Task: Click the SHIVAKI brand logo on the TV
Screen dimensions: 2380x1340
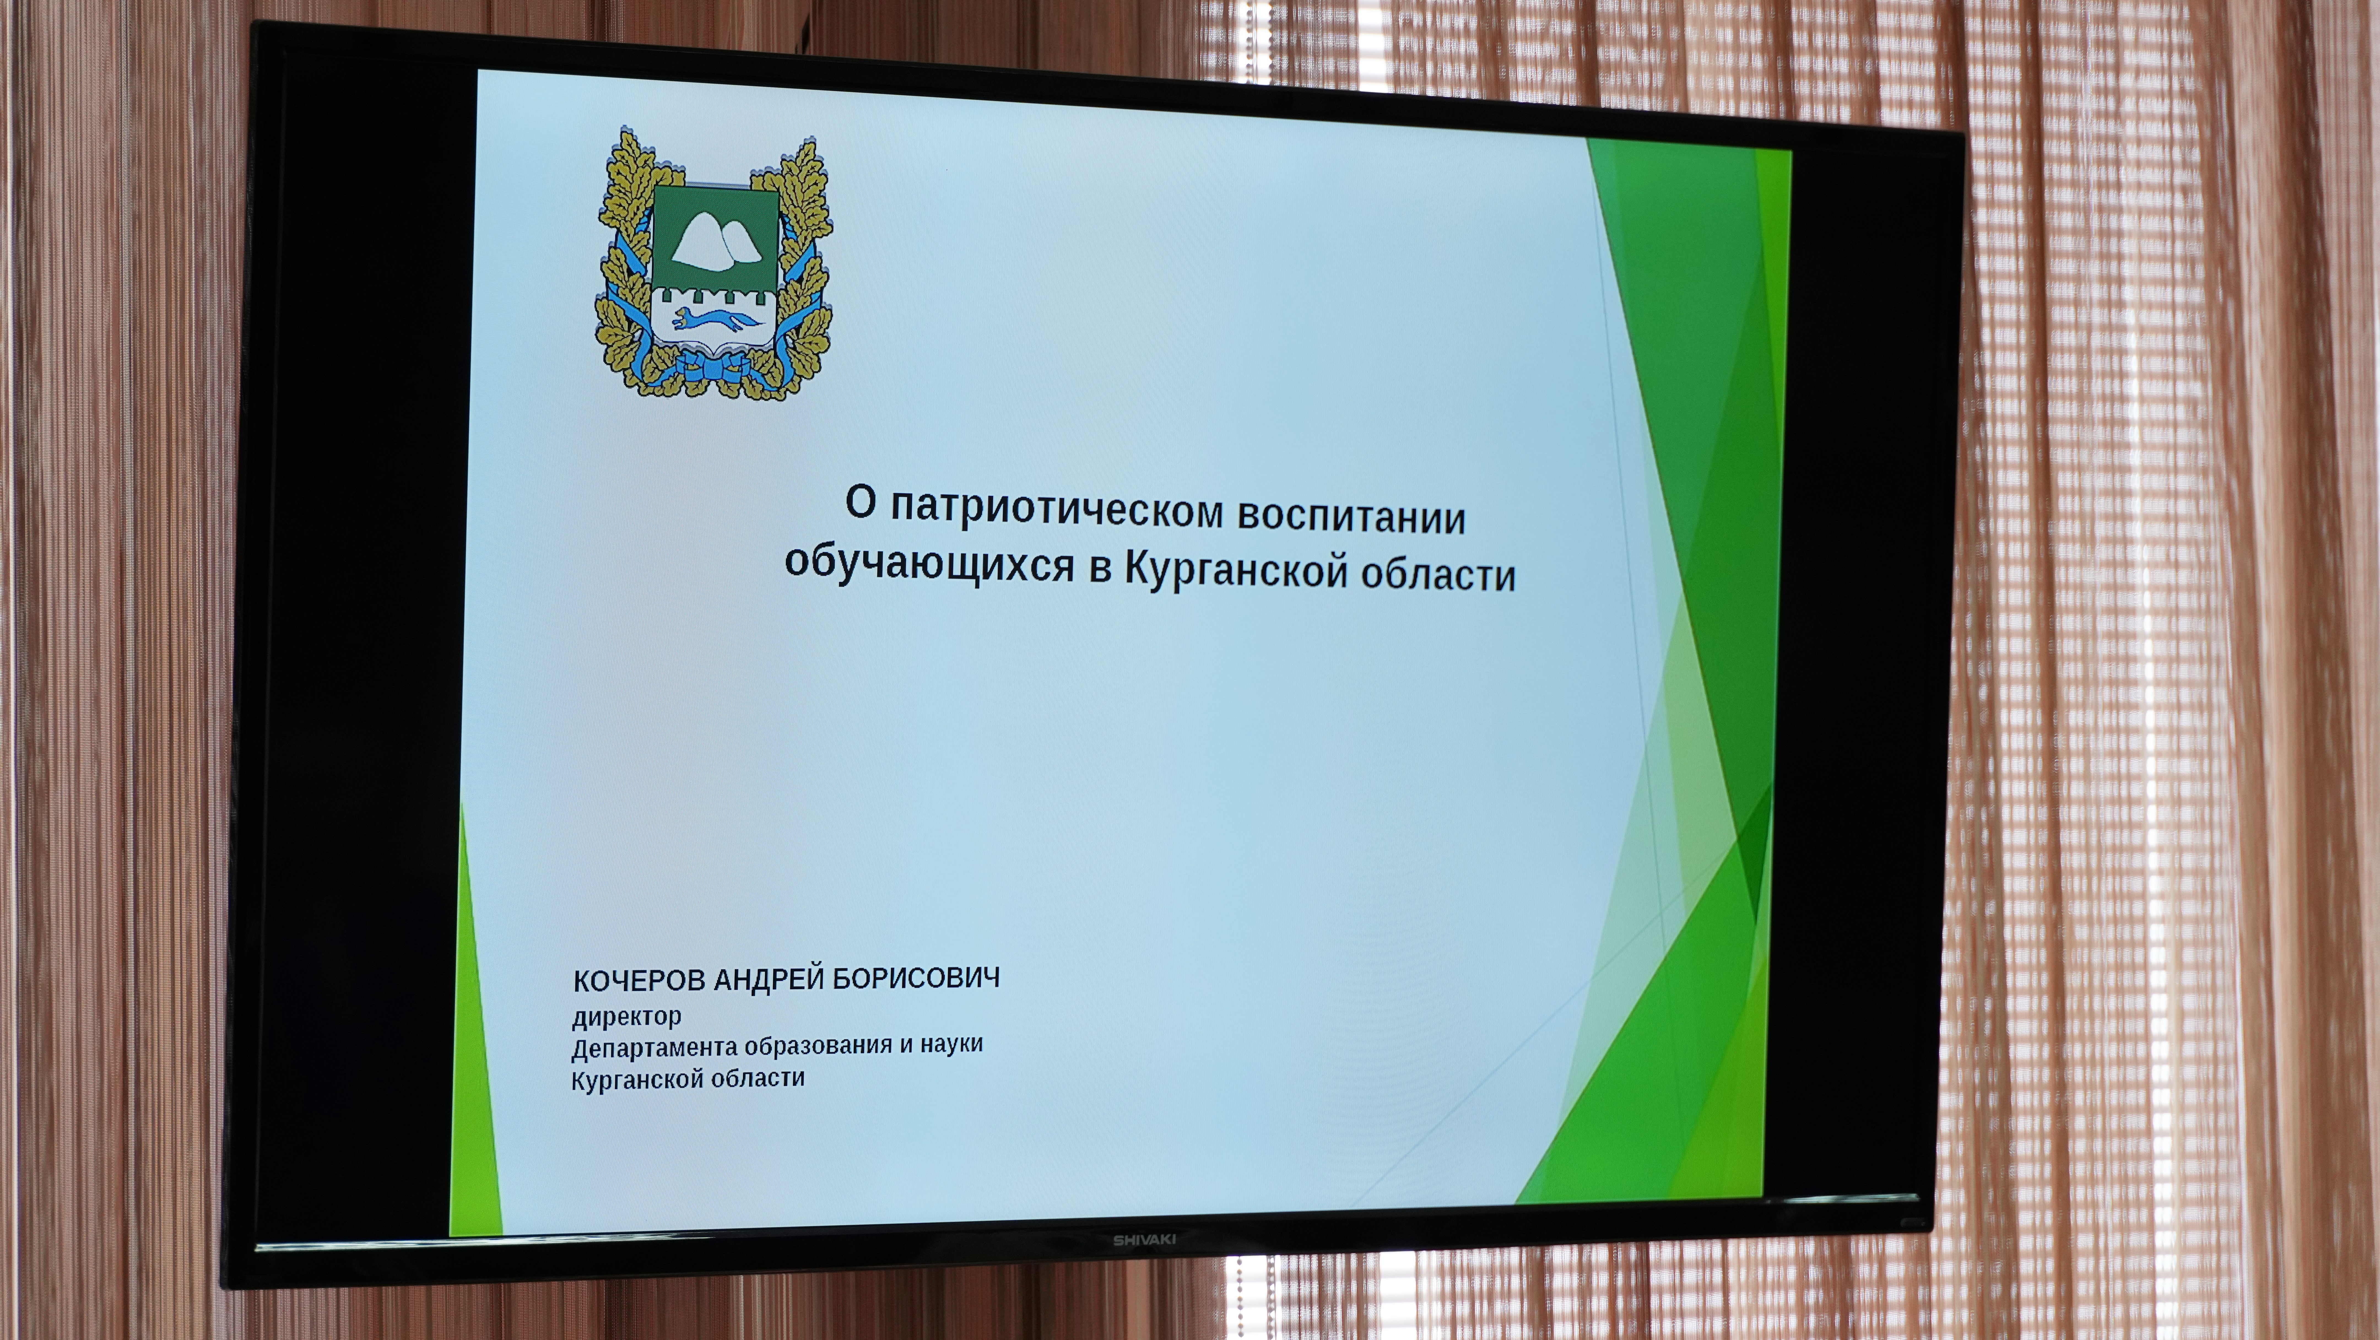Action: (x=1144, y=1239)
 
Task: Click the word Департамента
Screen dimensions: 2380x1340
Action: (x=655, y=1048)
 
